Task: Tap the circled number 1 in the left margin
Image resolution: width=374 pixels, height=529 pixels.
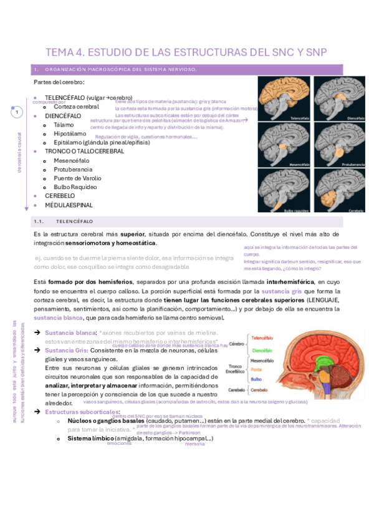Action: [x=17, y=112]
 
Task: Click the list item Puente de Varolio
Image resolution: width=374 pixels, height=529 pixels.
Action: [x=78, y=178]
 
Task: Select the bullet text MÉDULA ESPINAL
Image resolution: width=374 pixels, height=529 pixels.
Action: [x=69, y=205]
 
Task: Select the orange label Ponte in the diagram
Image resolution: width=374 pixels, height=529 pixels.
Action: [x=256, y=369]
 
